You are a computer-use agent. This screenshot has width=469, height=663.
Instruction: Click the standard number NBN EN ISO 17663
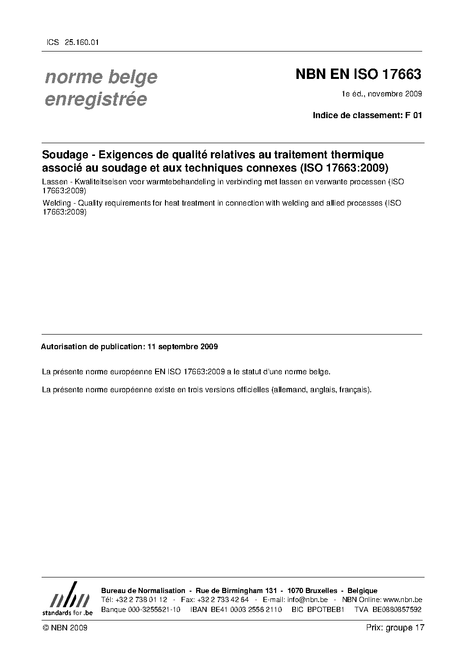point(358,75)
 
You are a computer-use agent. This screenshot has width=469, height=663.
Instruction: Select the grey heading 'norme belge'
point(101,77)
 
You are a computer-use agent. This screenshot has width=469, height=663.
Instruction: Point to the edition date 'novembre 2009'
point(395,94)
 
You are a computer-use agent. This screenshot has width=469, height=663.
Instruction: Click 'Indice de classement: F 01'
point(367,115)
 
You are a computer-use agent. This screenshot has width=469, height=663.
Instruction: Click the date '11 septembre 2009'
point(182,346)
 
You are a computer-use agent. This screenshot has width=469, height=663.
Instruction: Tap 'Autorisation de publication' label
point(92,346)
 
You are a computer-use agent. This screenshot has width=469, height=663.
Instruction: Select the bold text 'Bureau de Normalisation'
point(143,590)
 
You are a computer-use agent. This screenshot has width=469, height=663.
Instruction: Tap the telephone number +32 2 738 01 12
point(141,600)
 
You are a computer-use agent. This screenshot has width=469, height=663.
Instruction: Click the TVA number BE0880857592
point(397,609)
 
